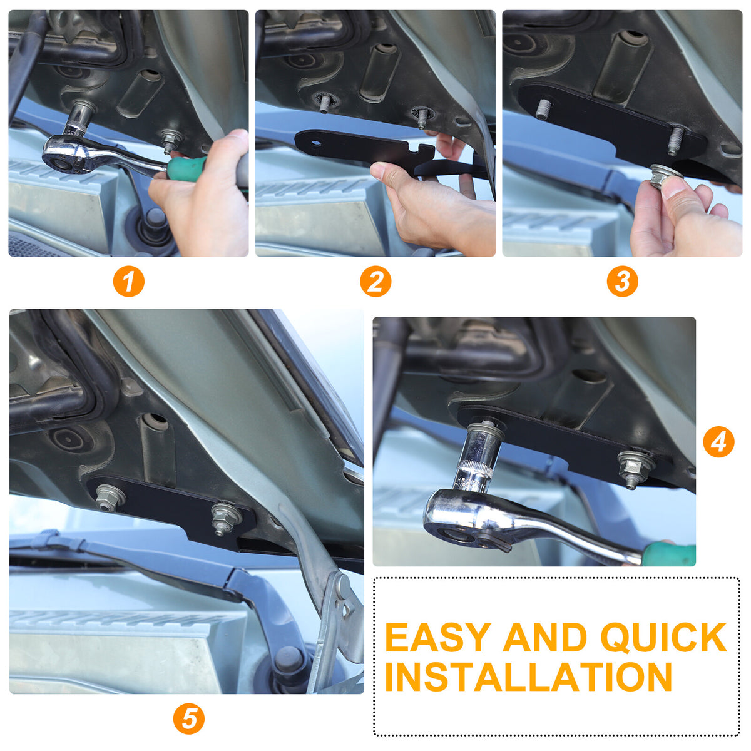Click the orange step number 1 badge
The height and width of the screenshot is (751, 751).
[x=129, y=281]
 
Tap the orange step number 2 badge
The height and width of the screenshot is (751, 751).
[x=375, y=281]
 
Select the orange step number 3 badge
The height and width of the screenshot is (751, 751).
[x=622, y=281]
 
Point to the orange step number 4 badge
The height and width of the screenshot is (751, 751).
[x=718, y=442]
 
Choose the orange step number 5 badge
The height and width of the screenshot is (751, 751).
[x=188, y=718]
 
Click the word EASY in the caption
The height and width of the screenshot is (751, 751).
[x=438, y=637]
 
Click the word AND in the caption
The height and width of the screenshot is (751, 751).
[x=545, y=637]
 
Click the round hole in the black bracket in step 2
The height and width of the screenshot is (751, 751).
[x=316, y=143]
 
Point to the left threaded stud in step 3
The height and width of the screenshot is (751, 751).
[x=542, y=109]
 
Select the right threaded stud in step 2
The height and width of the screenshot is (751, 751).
[x=421, y=120]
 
